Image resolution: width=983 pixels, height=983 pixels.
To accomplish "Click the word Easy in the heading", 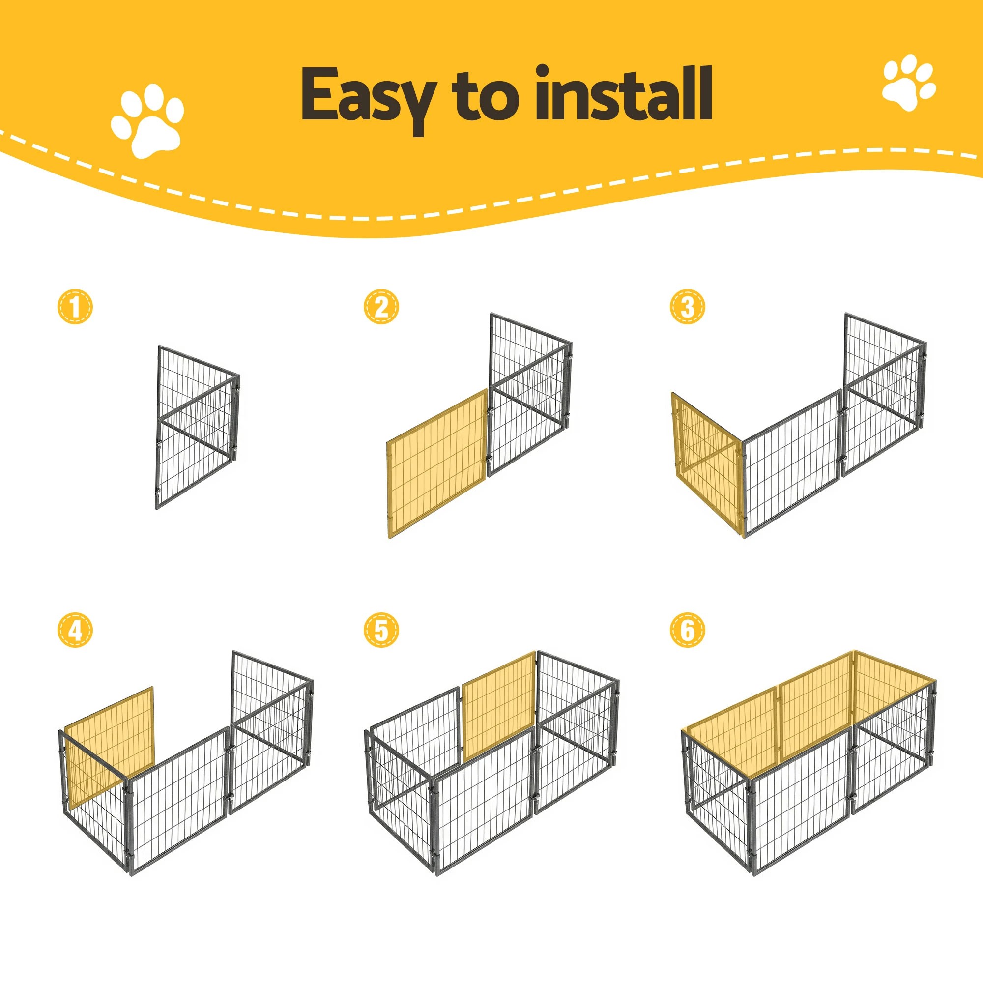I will click(367, 97).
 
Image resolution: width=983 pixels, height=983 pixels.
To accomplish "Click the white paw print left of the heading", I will click(147, 120).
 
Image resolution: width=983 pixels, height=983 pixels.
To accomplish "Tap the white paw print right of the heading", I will click(908, 83).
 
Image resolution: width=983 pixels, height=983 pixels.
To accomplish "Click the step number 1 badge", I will click(75, 307).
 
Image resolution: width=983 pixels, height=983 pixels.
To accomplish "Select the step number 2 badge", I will click(381, 307).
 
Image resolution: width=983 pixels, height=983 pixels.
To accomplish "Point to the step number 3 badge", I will click(687, 307).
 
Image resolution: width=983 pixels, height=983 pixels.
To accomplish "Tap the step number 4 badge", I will click(75, 631).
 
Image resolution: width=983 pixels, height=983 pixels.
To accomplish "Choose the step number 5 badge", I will click(381, 631).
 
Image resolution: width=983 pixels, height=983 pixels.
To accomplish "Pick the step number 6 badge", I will click(687, 631).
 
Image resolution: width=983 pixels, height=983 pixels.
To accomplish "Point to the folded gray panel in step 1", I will click(198, 428).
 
